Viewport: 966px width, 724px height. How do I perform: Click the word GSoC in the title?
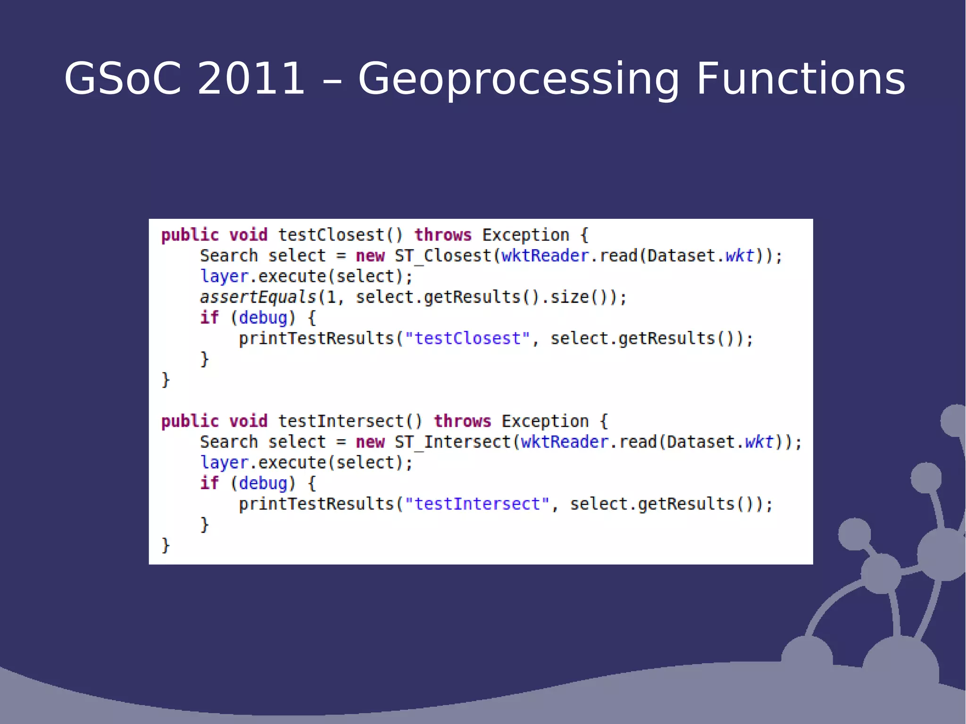pyautogui.click(x=123, y=78)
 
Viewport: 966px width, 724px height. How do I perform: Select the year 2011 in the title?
pyautogui.click(x=250, y=78)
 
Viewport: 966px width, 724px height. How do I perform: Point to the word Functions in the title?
pyautogui.click(x=800, y=78)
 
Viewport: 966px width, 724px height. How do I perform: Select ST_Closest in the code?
pyautogui.click(x=443, y=256)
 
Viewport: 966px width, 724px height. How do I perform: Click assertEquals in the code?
pyautogui.click(x=258, y=297)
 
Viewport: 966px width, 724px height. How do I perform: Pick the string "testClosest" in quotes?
pyautogui.click(x=467, y=339)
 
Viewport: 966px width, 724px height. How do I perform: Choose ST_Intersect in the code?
pyautogui.click(x=453, y=442)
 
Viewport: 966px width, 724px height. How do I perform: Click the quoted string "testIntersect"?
pyautogui.click(x=477, y=504)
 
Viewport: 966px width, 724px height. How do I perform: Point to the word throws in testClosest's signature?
pyautogui.click(x=443, y=235)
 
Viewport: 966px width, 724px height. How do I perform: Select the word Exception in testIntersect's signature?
pyautogui.click(x=545, y=421)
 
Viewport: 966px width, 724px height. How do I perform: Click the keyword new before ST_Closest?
pyautogui.click(x=370, y=256)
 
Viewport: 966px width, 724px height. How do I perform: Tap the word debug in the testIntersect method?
pyautogui.click(x=263, y=483)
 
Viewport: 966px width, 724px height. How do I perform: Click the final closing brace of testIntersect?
pyautogui.click(x=165, y=545)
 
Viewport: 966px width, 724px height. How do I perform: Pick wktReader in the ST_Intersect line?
pyautogui.click(x=565, y=442)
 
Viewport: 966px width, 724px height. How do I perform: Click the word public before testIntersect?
pyautogui.click(x=190, y=421)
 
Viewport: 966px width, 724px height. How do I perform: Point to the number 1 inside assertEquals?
pyautogui.click(x=331, y=297)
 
